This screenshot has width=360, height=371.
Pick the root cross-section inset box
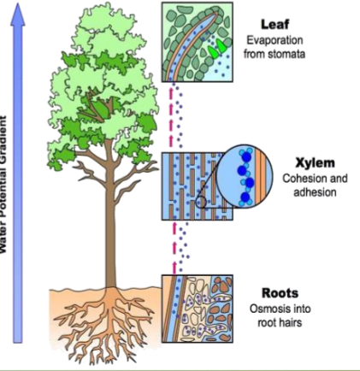point(198,308)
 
